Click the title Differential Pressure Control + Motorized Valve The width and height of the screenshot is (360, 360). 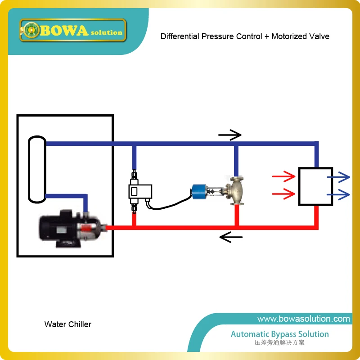245,36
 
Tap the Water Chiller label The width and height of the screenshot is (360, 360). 67,324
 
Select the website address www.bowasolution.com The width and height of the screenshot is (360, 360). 303,319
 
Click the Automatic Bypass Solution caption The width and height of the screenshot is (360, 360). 279,334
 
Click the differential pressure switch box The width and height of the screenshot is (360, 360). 140,192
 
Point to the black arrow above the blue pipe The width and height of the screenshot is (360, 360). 229,134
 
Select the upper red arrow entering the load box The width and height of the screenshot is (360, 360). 281,177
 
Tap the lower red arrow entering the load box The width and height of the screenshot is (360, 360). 281,194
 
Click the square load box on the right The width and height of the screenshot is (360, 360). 315,186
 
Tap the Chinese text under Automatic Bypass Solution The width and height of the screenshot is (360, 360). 279,343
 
